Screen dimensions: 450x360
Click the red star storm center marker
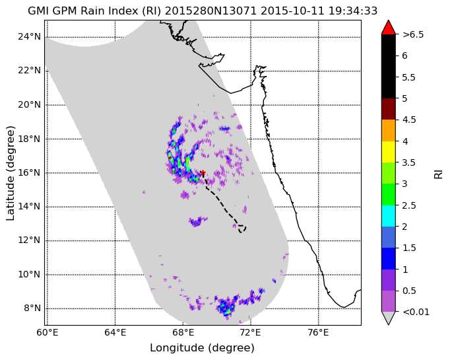click(x=203, y=172)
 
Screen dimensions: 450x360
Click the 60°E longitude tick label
click(x=48, y=333)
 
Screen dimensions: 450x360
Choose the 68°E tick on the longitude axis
click(x=183, y=333)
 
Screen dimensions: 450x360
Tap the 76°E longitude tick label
click(x=319, y=333)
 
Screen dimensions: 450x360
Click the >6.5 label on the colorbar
click(x=413, y=34)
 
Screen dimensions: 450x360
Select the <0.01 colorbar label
click(x=416, y=312)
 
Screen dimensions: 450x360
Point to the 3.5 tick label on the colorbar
click(x=408, y=162)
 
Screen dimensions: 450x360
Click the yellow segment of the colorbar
click(x=388, y=152)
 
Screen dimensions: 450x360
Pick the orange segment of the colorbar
click(x=388, y=130)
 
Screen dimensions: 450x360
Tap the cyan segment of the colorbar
click(x=388, y=216)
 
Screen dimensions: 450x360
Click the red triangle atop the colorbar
click(x=388, y=28)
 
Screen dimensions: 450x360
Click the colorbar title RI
click(x=438, y=174)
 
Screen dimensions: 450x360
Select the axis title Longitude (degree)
click(x=202, y=348)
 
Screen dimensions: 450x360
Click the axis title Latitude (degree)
click(x=10, y=173)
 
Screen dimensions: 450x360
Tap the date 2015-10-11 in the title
click(x=292, y=11)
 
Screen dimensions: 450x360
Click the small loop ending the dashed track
click(x=242, y=229)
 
